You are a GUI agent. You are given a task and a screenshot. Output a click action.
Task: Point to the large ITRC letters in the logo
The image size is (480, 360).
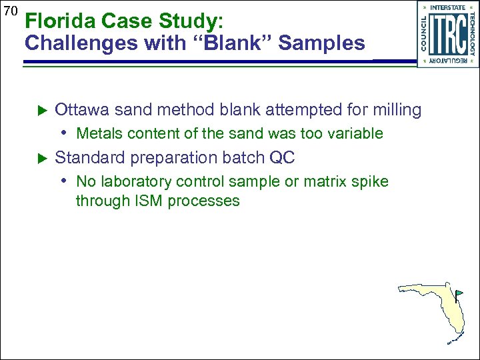pyautogui.click(x=448, y=33)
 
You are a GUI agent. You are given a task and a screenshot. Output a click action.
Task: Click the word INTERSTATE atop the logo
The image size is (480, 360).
pyautogui.click(x=448, y=7)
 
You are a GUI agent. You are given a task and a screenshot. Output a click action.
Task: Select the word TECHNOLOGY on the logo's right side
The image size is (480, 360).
pyautogui.click(x=472, y=33)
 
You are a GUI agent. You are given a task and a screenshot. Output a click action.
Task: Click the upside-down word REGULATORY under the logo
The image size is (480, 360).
pyautogui.click(x=448, y=61)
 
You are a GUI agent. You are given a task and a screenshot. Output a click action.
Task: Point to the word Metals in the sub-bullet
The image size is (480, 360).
pyautogui.click(x=99, y=133)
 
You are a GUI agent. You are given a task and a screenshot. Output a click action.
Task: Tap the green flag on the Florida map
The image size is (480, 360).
pyautogui.click(x=459, y=293)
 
